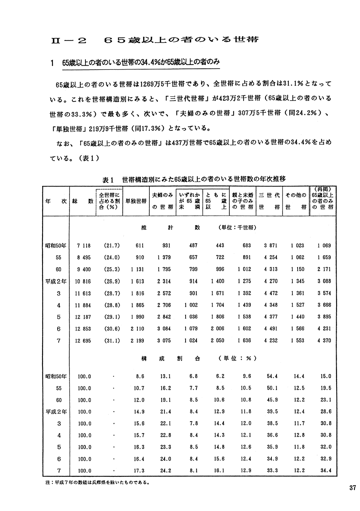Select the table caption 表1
click(x=108, y=180)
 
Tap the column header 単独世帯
click(x=135, y=201)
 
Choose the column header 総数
click(x=83, y=201)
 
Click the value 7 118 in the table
click(x=84, y=246)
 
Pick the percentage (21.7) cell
click(x=109, y=246)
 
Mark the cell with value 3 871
click(x=271, y=246)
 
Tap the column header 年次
click(x=56, y=201)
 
